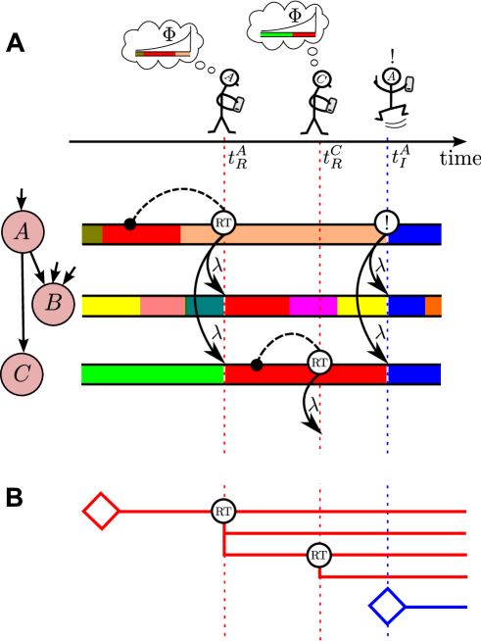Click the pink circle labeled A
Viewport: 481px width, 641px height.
click(23, 232)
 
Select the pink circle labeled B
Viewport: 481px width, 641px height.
click(53, 304)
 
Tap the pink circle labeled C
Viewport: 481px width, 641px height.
click(22, 374)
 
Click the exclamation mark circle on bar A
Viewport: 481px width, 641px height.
click(387, 222)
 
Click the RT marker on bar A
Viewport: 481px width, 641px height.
click(223, 222)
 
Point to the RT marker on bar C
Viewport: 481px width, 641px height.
click(319, 363)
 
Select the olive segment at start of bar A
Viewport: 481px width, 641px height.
click(92, 234)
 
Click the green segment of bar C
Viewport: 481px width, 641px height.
click(152, 374)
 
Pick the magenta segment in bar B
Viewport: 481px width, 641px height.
click(313, 306)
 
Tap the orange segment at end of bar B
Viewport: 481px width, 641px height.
click(433, 306)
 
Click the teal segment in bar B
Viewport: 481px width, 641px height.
click(205, 306)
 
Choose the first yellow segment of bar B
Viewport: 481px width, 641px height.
click(110, 306)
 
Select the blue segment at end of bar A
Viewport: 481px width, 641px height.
click(414, 234)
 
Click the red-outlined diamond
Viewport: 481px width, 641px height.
click(101, 511)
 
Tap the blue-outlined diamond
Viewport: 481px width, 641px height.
click(388, 606)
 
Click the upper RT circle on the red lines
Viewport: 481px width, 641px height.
click(223, 511)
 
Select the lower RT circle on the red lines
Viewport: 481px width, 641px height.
click(318, 556)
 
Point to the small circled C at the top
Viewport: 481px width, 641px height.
click(321, 79)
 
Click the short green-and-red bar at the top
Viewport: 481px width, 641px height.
click(288, 34)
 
